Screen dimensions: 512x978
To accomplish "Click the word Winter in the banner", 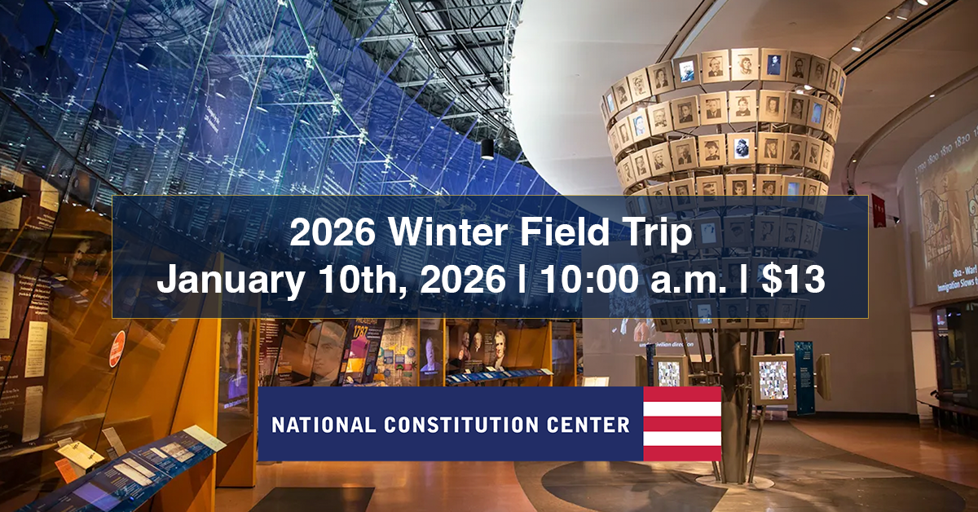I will [x=435, y=235].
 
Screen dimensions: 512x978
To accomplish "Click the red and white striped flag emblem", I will [x=682, y=424].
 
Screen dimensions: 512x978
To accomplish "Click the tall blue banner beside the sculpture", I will [x=804, y=366].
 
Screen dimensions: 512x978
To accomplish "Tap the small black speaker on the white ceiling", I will [x=487, y=148].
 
